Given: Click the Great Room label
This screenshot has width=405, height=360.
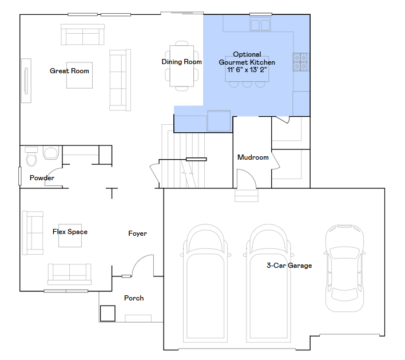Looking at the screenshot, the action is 69,71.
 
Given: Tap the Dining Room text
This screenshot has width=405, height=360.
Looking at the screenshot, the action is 181,62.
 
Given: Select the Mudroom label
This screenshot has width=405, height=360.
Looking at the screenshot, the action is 253,157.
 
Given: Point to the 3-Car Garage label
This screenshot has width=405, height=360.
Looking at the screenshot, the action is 289,266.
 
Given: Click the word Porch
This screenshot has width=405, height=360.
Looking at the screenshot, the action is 134,298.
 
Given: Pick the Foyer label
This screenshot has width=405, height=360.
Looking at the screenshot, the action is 137,234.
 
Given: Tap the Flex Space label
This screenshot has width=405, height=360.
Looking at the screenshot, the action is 70,232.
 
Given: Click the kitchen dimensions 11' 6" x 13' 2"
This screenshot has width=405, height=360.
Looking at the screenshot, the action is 247,70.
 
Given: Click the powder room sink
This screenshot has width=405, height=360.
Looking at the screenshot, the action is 50,153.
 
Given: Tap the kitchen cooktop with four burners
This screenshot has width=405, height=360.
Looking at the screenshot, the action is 301,62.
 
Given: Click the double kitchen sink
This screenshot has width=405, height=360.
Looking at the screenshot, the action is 260,25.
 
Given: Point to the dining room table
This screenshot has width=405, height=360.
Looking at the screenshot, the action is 181,66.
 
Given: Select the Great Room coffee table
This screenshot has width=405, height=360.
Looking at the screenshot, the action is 80,75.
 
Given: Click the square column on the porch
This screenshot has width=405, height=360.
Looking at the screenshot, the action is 108,314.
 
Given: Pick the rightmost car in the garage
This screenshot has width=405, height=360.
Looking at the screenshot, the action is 344,268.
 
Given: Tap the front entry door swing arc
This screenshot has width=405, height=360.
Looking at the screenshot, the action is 140,262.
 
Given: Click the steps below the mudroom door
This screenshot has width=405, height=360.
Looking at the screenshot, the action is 247,196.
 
